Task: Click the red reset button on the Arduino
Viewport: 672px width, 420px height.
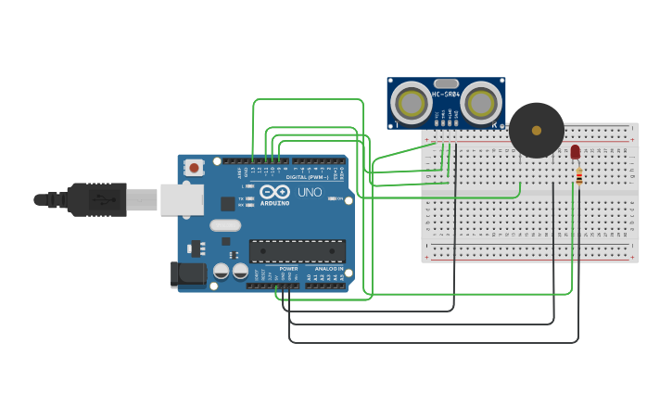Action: coord(195,168)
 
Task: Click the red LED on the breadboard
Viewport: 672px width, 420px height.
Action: coord(575,151)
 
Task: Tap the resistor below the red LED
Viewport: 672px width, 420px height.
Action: coord(578,175)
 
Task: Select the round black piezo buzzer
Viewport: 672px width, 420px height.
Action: coord(536,130)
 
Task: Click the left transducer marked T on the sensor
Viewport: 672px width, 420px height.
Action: coord(410,102)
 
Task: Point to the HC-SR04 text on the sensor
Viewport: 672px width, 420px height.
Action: coord(446,94)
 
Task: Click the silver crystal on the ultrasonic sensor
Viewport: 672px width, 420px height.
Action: coord(446,83)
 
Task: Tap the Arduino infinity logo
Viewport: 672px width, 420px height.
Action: coord(274,192)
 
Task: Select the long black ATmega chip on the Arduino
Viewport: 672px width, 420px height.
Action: coord(297,250)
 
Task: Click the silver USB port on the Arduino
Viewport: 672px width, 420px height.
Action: coord(182,199)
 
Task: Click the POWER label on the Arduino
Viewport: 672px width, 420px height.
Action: coord(288,269)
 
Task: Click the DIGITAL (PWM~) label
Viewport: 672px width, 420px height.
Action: coord(303,176)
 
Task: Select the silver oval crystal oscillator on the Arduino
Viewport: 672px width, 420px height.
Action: coord(225,224)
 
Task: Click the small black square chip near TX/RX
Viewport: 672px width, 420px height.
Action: coord(227,203)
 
